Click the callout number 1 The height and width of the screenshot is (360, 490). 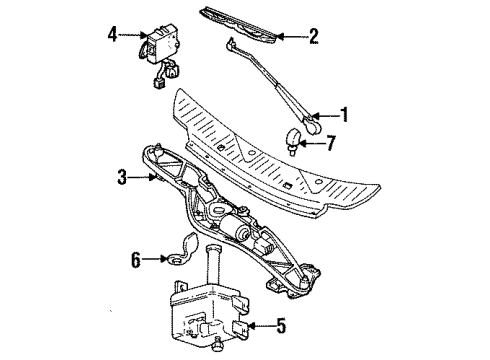[x=346, y=116]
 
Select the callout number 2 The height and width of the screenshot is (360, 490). [x=313, y=38]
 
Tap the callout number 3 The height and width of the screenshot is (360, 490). [x=120, y=177]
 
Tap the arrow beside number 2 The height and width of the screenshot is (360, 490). [x=291, y=38]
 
